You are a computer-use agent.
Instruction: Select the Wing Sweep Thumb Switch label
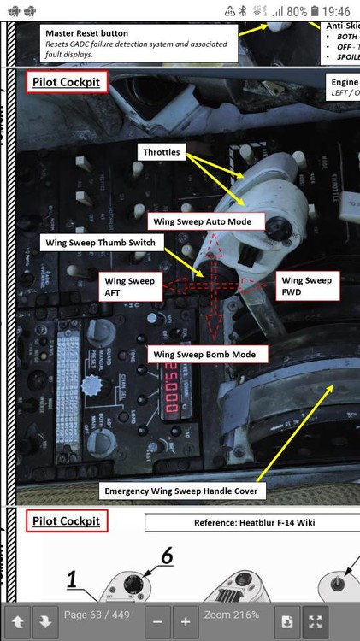[x=99, y=243]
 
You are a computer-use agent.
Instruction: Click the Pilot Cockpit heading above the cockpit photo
[x=68, y=83]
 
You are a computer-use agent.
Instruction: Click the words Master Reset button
[x=86, y=33]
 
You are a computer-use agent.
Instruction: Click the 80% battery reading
[x=297, y=12]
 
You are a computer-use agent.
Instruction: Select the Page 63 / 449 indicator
[x=97, y=615]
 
